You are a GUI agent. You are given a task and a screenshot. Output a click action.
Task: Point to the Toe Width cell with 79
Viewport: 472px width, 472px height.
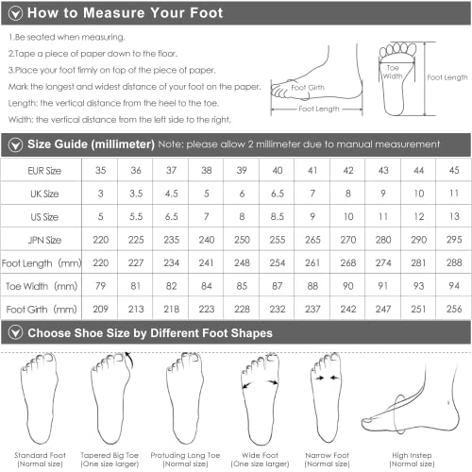(x=99, y=284)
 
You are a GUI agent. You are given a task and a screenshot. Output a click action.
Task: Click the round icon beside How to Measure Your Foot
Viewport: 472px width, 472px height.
(x=14, y=14)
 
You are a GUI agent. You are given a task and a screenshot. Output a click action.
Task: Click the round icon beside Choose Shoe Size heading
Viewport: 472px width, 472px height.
(x=14, y=332)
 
